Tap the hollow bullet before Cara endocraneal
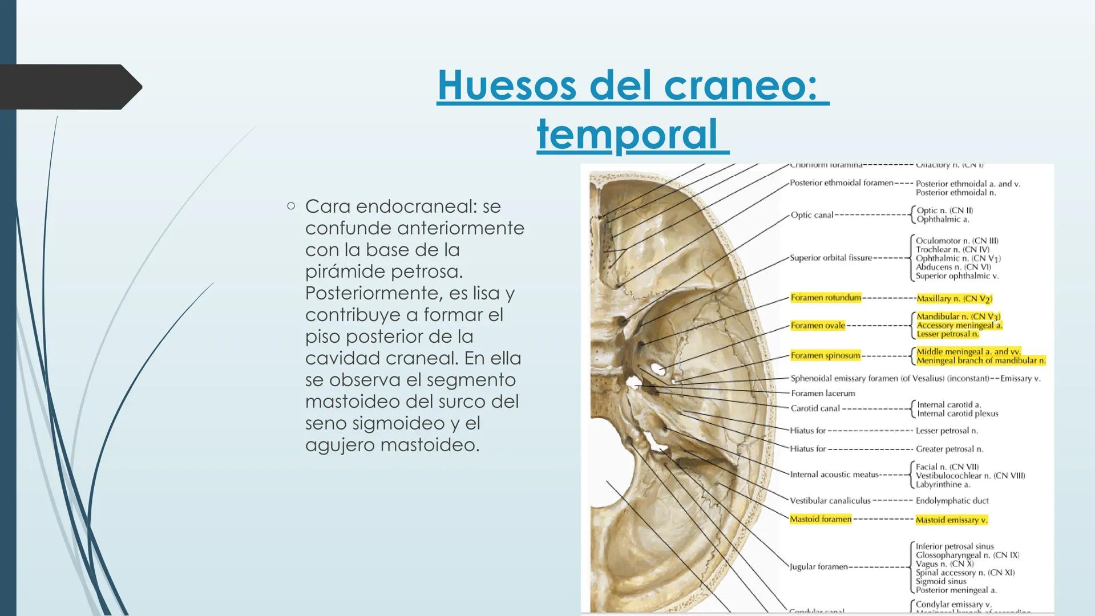291,206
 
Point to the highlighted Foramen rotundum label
825,298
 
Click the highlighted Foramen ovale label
817,326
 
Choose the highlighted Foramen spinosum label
825,355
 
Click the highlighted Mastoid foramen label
821,519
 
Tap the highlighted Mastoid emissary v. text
951,520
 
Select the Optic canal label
811,215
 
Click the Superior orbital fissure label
831,258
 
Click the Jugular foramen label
818,567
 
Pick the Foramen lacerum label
823,393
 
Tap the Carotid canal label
815,408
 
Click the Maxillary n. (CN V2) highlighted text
954,298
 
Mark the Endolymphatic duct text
952,501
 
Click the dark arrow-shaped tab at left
68,87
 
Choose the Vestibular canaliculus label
830,501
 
